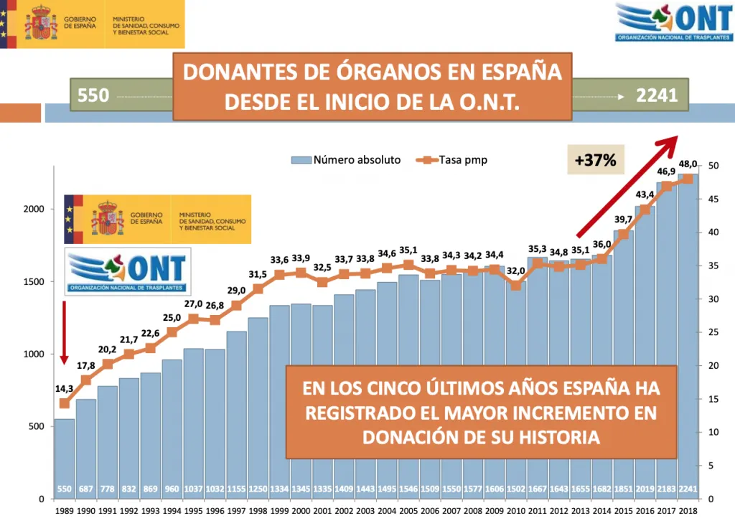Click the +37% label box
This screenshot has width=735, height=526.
[596, 160]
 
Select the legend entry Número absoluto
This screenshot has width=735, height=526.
[346, 160]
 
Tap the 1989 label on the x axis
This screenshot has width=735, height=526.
[65, 510]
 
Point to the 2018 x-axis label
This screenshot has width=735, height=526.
[688, 510]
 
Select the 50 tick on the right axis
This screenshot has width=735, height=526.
[713, 165]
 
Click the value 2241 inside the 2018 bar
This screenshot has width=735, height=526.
[688, 489]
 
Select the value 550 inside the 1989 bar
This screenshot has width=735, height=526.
[65, 489]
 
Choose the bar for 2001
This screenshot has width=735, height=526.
[323, 402]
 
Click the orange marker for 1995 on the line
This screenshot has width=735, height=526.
[194, 319]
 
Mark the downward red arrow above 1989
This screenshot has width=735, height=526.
[64, 332]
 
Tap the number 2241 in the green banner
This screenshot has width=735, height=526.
[657, 95]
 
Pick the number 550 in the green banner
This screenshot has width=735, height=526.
[93, 95]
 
